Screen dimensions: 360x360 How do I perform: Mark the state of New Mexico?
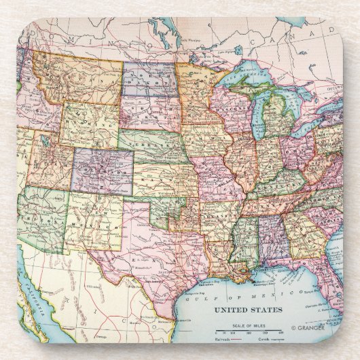(x=92, y=217)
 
